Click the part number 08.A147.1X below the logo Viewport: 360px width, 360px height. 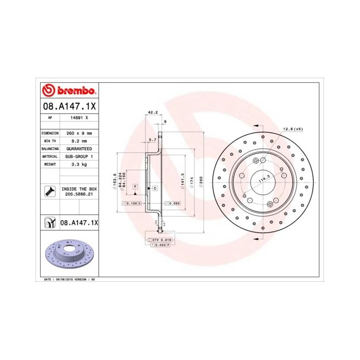(x=68, y=106)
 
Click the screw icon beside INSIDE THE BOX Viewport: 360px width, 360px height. (x=49, y=192)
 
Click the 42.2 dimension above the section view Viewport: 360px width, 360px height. (x=152, y=112)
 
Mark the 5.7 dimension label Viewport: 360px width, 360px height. (x=152, y=140)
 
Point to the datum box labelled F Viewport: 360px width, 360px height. (x=135, y=186)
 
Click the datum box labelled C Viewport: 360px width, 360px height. (x=154, y=189)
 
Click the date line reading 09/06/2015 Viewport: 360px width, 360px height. (x=68, y=279)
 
